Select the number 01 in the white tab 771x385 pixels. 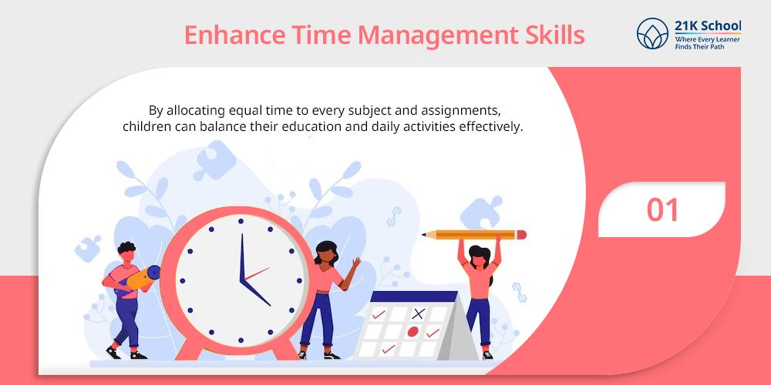click(662, 209)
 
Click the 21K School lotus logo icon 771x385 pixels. click(652, 33)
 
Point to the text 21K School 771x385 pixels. click(708, 26)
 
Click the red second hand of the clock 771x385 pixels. click(258, 273)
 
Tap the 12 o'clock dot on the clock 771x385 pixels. click(241, 221)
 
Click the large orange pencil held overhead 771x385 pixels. click(474, 235)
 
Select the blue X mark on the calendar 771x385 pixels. click(418, 313)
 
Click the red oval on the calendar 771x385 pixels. click(413, 331)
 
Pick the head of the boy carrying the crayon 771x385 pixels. click(127, 253)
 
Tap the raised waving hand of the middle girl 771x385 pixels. click(355, 263)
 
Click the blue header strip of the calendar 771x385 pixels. click(415, 296)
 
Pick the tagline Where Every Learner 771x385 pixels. click(708, 38)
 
